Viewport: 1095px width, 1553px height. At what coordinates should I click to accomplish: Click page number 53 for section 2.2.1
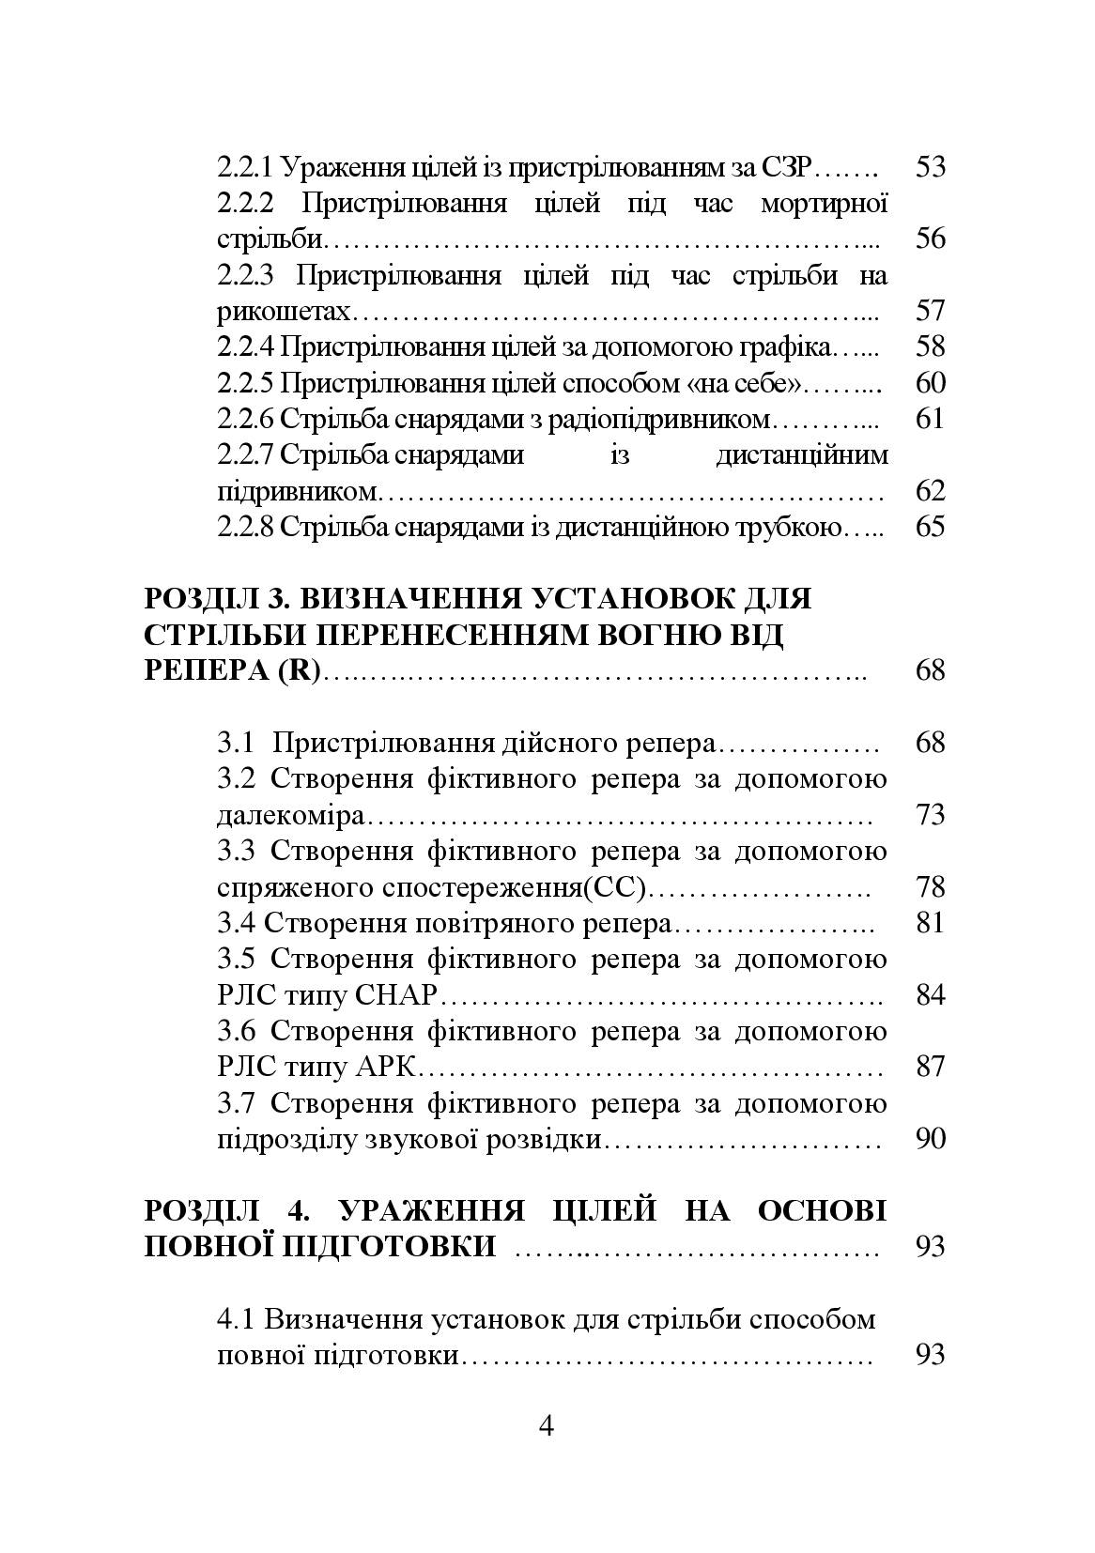click(929, 168)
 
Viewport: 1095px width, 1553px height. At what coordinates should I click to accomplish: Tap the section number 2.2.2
click(246, 204)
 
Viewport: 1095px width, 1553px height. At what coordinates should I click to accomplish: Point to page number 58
click(929, 347)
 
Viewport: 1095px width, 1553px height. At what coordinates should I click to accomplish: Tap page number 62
click(929, 491)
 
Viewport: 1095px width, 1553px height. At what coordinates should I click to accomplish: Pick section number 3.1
click(236, 744)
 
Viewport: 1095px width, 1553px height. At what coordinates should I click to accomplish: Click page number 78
click(929, 887)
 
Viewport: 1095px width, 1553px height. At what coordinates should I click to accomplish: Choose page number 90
click(929, 1140)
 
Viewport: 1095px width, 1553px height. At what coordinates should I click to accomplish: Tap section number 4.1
click(236, 1319)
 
